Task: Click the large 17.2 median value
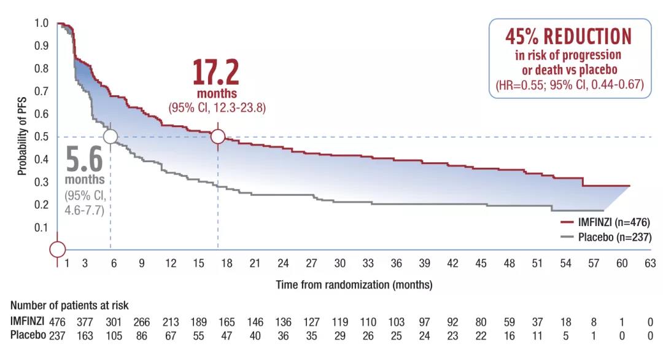pyautogui.click(x=215, y=73)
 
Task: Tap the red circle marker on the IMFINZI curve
pyautogui.click(x=218, y=136)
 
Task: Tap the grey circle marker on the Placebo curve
pyautogui.click(x=110, y=136)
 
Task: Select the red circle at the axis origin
pyautogui.click(x=57, y=249)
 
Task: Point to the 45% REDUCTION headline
pyautogui.click(x=568, y=36)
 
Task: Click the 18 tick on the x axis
pyautogui.click(x=227, y=264)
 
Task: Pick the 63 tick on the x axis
pyautogui.click(x=650, y=264)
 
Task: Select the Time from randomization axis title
pyautogui.click(x=354, y=285)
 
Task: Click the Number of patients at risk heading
pyautogui.click(x=69, y=305)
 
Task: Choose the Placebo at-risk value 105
pyautogui.click(x=113, y=335)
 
